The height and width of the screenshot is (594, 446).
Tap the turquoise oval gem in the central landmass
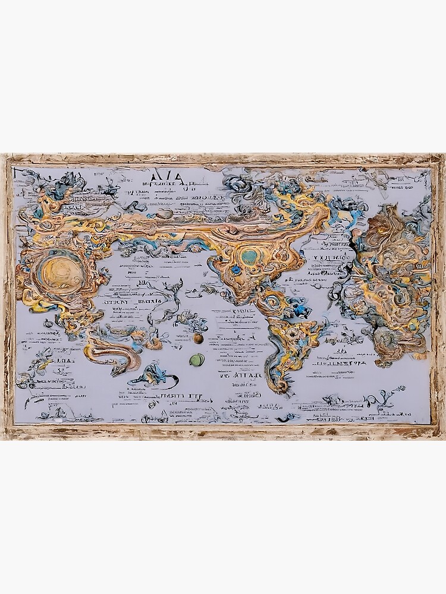[x=250, y=256]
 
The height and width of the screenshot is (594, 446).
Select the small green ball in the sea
[x=196, y=359]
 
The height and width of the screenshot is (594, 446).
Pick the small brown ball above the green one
[x=198, y=338]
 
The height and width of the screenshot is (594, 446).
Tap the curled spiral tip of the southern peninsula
[x=286, y=389]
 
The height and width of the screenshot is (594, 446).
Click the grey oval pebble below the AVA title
[x=165, y=213]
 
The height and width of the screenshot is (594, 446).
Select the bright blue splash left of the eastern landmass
[x=356, y=213]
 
